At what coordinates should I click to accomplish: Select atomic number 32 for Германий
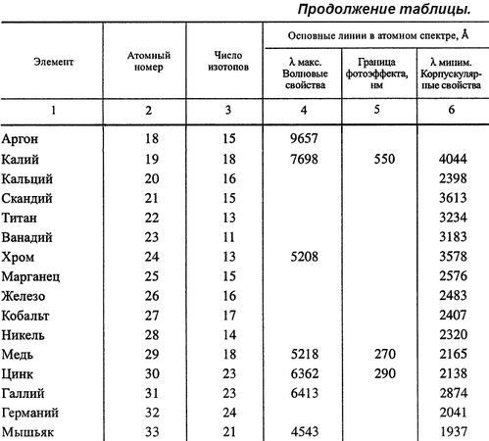(x=151, y=413)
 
